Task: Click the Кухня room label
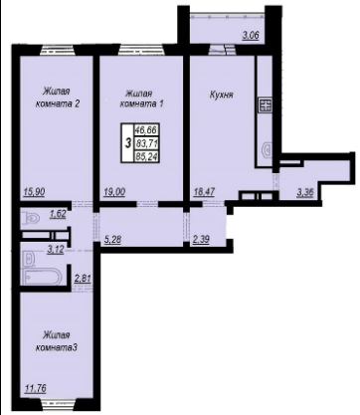pos(221,95)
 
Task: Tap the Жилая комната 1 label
pos(141,99)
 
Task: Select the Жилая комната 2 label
pos(58,97)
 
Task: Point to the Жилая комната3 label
pos(57,341)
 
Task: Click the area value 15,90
pos(34,192)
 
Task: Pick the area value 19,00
pos(114,192)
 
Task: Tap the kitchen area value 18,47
pos(204,192)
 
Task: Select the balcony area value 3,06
pos(251,35)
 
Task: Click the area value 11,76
pos(35,388)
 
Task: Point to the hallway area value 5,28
pos(112,240)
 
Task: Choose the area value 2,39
pos(201,240)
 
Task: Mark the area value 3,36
pos(305,192)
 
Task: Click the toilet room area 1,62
pos(58,214)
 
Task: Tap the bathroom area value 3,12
pos(56,250)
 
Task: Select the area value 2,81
pos(83,278)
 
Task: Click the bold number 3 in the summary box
pos(127,143)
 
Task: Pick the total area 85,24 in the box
pos(146,156)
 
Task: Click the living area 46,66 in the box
pos(146,129)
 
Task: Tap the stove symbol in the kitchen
pos(266,105)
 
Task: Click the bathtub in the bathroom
pos(41,277)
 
